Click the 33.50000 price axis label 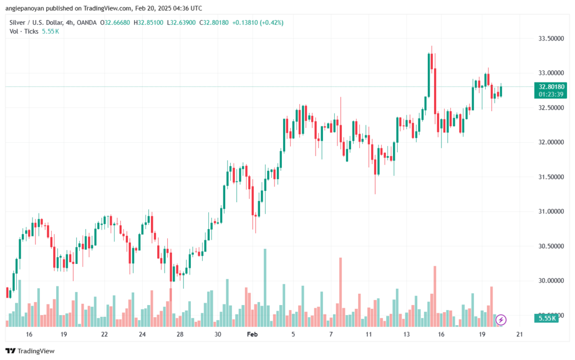pos(550,38)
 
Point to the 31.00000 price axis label pos(550,211)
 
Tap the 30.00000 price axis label pos(550,280)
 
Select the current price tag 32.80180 pos(552,86)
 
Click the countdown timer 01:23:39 pos(552,94)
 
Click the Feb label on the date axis pos(253,334)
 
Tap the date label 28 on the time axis pos(180,334)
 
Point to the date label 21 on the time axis pos(519,334)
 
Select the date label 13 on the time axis pos(406,334)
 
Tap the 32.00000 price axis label pos(550,142)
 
